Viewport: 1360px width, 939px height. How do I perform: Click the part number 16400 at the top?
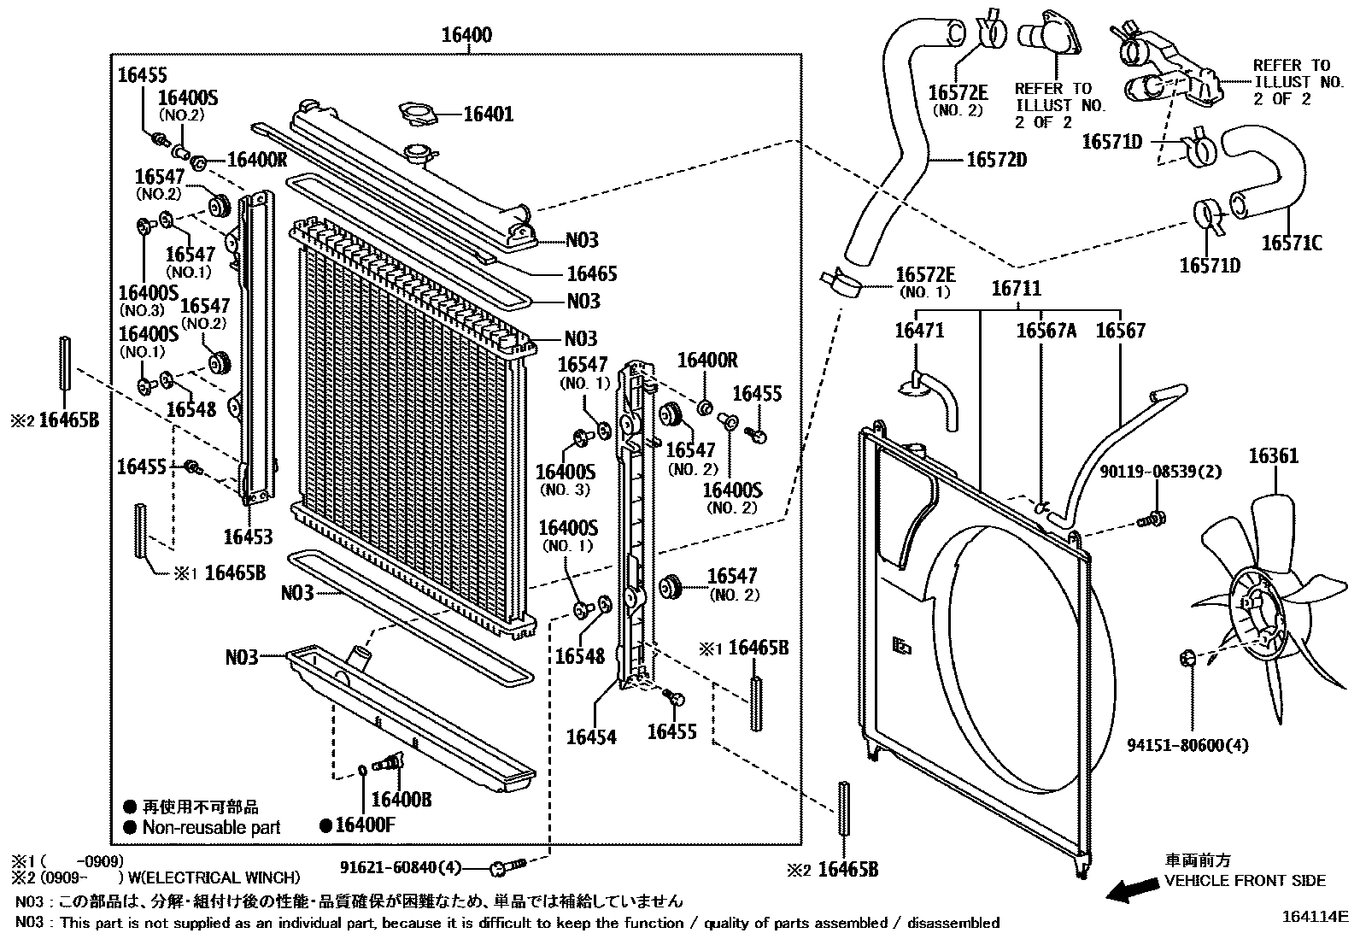[466, 35]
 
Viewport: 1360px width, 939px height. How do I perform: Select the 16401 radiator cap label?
[489, 114]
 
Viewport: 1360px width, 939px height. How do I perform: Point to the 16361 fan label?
[1273, 455]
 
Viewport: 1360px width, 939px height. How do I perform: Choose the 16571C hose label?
[1292, 244]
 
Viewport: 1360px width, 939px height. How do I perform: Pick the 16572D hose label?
[996, 160]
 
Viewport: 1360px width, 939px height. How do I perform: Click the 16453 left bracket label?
[248, 537]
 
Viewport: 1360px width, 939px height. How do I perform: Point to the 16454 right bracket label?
[591, 736]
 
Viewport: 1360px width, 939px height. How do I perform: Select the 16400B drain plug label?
[402, 799]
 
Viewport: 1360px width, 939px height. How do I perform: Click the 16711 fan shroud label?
[1017, 289]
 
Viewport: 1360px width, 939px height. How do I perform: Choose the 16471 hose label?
[919, 330]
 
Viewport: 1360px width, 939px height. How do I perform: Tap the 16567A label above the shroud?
[1046, 330]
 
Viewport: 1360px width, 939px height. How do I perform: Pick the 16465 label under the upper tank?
[591, 273]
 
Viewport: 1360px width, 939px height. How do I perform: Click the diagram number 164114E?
[1313, 916]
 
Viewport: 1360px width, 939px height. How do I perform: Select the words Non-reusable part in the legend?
[211, 827]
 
